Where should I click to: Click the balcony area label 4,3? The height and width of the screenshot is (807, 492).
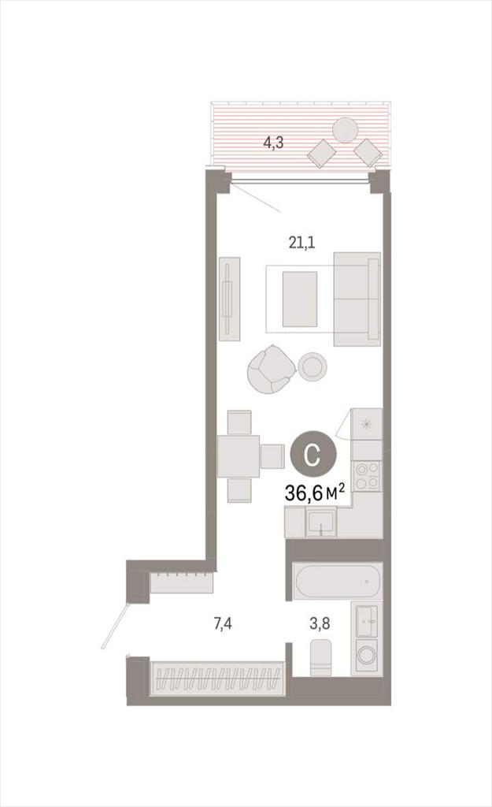click(273, 143)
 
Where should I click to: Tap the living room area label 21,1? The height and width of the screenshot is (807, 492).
click(301, 242)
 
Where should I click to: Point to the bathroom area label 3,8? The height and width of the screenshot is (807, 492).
click(320, 624)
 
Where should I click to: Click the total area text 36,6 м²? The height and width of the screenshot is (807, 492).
click(314, 493)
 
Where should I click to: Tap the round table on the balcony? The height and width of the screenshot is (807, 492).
click(345, 130)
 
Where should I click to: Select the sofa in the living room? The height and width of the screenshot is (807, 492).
click(357, 299)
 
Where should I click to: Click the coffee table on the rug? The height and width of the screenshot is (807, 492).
click(300, 299)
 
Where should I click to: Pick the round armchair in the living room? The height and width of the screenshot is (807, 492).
click(268, 369)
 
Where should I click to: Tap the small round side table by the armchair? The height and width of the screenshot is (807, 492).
click(313, 366)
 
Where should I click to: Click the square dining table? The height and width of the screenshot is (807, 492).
click(238, 456)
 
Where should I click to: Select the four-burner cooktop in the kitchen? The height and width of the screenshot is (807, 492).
click(367, 476)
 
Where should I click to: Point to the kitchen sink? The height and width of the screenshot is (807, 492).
click(322, 523)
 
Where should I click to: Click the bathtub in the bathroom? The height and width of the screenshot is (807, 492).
click(338, 581)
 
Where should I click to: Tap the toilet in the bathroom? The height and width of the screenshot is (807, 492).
click(320, 657)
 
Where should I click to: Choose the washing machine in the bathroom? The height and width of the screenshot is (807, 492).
click(367, 656)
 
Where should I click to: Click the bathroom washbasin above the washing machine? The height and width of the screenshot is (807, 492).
click(367, 621)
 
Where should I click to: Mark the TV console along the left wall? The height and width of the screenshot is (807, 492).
click(230, 299)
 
